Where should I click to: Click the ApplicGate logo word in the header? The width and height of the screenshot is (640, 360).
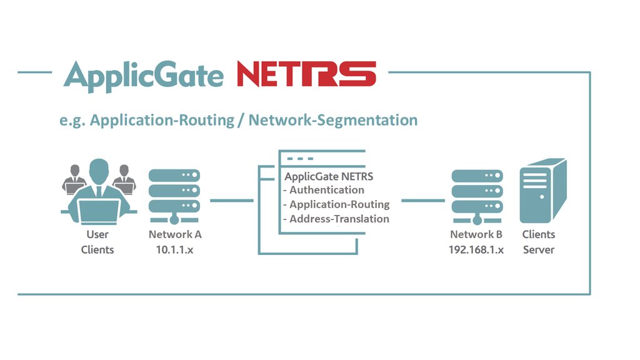coord(143,76)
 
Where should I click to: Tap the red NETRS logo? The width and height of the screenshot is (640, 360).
coord(306,74)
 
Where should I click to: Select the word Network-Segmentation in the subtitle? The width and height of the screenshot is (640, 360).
coord(333,119)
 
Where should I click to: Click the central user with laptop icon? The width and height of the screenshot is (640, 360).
coord(98,193)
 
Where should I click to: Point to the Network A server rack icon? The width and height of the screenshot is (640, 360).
coord(174,194)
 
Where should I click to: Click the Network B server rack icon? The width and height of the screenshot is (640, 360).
coord(476,194)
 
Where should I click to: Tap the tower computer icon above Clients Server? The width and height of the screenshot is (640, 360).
coord(542,191)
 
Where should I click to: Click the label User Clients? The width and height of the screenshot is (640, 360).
coord(97,242)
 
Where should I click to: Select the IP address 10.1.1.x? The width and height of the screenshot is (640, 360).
coord(174,249)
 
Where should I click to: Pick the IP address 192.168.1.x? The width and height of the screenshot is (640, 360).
coord(476,249)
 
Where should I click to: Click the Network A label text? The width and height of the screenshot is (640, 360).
coord(175,234)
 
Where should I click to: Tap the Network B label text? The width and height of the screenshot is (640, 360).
coord(476,234)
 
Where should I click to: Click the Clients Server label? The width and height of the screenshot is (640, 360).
coord(539,242)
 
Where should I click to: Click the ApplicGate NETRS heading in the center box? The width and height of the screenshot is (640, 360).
coord(329,176)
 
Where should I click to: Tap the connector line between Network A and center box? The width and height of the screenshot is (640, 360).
coord(232,201)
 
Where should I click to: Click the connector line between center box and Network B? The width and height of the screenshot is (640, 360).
coord(422,201)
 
